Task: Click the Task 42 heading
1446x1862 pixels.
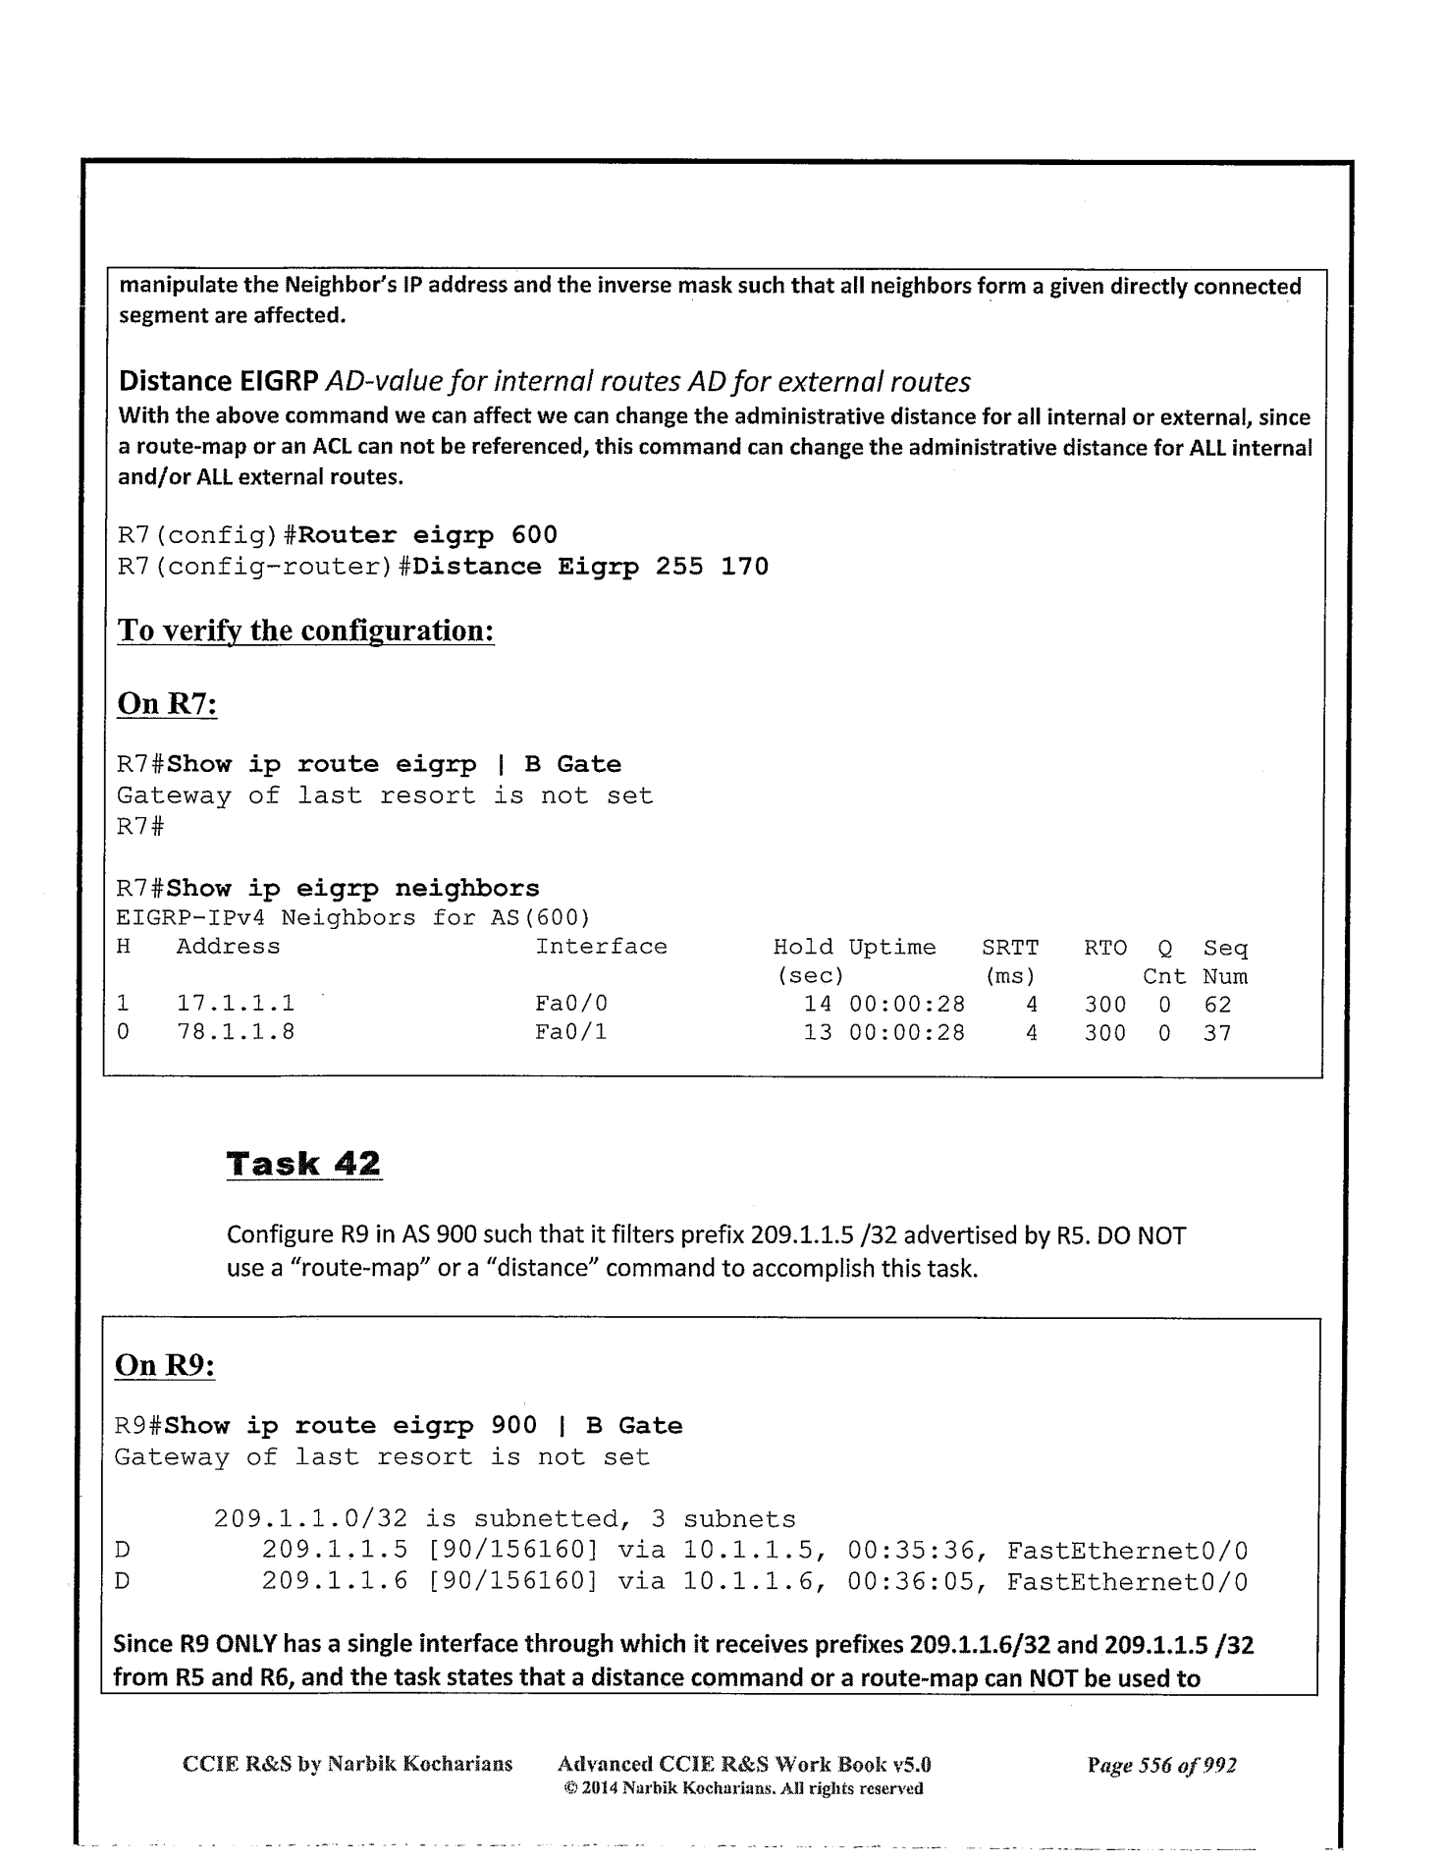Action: pos(303,1164)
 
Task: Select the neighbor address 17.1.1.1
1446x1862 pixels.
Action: pos(236,1004)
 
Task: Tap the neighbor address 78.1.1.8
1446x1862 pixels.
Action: pos(236,1032)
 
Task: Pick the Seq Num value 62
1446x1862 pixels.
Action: pos(1217,1004)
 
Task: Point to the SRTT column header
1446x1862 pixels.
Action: pos(1010,948)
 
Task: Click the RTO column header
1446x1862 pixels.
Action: pos(1105,948)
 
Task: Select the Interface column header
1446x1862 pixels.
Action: pos(601,947)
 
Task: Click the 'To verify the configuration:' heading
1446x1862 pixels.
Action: pos(305,630)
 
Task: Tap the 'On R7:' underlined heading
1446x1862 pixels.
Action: pos(167,704)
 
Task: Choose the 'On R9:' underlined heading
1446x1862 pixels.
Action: pos(165,1366)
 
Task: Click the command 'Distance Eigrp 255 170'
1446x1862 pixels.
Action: pos(591,567)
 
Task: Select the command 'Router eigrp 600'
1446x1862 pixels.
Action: pos(428,535)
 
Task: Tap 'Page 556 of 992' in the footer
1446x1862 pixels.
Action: pos(1161,1765)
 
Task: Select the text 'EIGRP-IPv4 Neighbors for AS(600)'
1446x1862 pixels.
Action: pos(353,918)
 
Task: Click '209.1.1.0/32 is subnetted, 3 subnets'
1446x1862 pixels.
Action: pos(505,1520)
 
